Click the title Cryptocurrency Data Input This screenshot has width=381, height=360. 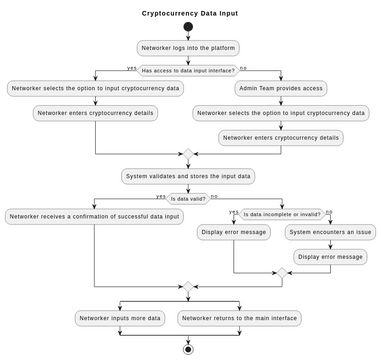190,14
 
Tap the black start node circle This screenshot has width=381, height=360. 188,27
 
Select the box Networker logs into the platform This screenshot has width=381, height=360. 188,47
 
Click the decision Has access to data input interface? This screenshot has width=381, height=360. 188,70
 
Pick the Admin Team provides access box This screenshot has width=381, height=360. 281,88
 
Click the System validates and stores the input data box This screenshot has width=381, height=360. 188,176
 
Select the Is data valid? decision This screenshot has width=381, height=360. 188,198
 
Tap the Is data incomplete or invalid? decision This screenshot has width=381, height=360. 282,213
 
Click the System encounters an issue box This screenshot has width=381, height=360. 329,232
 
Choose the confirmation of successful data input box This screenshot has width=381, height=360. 95,216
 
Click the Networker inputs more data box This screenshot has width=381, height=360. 120,318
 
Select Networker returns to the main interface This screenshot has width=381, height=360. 240,318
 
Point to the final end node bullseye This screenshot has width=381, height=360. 188,349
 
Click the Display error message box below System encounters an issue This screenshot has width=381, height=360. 329,257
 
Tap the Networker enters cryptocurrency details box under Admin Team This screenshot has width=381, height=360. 281,137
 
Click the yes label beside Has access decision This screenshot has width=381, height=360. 131,67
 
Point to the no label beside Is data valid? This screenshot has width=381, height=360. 214,196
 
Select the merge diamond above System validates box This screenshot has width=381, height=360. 188,154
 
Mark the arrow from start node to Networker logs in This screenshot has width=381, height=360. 188,36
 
